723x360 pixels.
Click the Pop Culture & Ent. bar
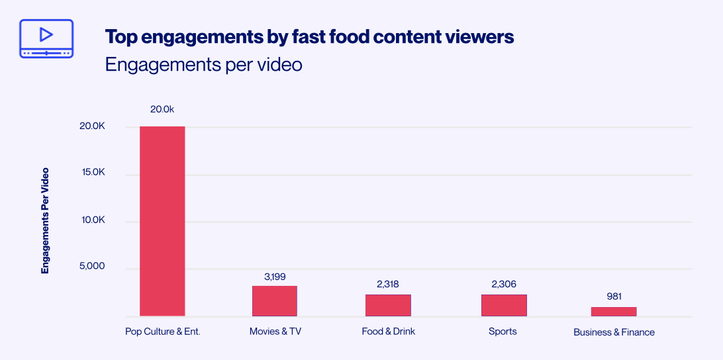tap(162, 221)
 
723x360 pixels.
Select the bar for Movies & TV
tap(274, 301)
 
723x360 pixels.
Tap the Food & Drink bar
tap(388, 305)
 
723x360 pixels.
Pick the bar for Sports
tap(504, 305)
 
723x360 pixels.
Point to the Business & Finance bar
tap(614, 312)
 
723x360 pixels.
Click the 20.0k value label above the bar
tap(162, 109)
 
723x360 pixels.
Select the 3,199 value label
tap(274, 276)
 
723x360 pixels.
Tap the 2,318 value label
tap(388, 284)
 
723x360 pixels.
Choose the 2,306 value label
tap(504, 284)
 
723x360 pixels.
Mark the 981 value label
tap(614, 296)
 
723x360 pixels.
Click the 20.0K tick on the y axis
tap(93, 126)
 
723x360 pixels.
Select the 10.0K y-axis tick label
tap(93, 220)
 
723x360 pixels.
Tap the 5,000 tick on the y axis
tap(93, 267)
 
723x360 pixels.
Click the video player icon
tap(46, 38)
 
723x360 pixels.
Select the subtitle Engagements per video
tap(203, 65)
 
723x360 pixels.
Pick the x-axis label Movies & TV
tap(275, 332)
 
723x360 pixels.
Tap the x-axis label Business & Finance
tap(614, 332)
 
